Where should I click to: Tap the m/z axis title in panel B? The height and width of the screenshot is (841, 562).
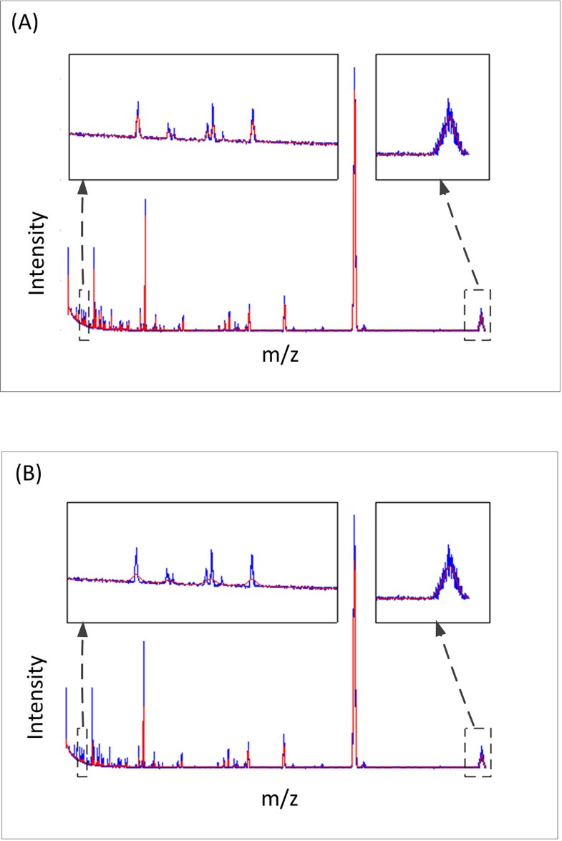(x=280, y=796)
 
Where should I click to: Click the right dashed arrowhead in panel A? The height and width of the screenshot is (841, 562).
(x=445, y=186)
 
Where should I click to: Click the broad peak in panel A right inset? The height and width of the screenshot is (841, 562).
(x=449, y=122)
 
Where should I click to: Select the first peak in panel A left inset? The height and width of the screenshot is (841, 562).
(x=137, y=117)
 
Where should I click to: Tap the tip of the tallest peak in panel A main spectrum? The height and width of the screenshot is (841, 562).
(x=354, y=70)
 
